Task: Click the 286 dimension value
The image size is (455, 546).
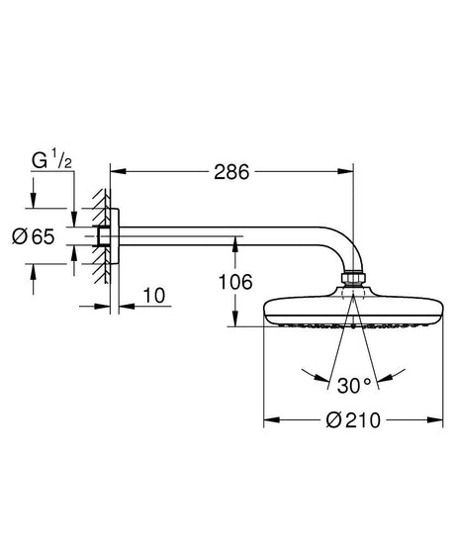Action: [x=229, y=171]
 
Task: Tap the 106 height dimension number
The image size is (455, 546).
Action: [x=235, y=282]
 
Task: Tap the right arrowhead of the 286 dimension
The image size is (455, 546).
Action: [x=348, y=171]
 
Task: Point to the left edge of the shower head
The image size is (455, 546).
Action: [x=265, y=315]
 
